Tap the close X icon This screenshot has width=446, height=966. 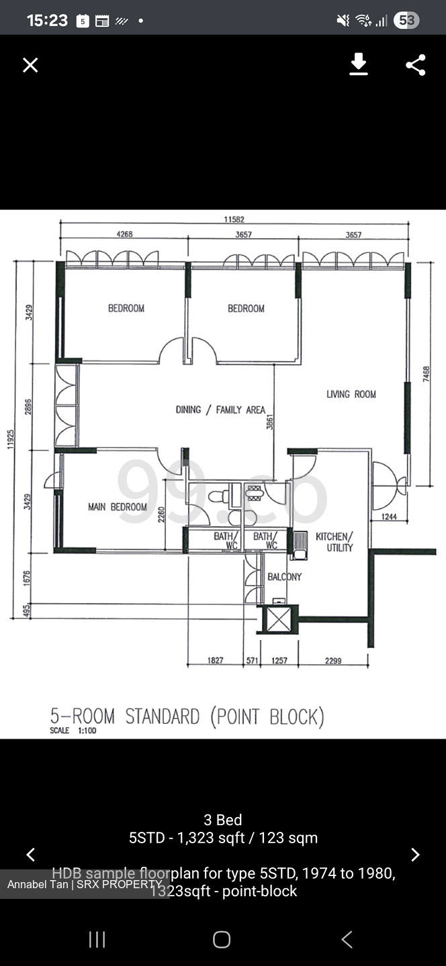point(30,65)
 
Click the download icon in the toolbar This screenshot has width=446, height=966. point(359,64)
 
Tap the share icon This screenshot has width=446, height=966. point(416,65)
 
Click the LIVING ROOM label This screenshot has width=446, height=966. point(351,394)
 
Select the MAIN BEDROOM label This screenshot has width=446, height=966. point(118,507)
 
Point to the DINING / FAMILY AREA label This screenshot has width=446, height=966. point(220,410)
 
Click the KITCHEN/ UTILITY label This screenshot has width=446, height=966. point(334,542)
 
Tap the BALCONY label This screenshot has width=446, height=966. point(284,577)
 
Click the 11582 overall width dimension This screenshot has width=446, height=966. point(233,219)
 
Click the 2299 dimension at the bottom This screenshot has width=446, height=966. point(333,661)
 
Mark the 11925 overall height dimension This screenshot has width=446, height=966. point(9,439)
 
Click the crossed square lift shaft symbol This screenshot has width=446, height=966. point(278,619)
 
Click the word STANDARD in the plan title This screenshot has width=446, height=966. point(162,716)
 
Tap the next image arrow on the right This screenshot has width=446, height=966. point(415,855)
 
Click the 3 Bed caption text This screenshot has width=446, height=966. point(223,820)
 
